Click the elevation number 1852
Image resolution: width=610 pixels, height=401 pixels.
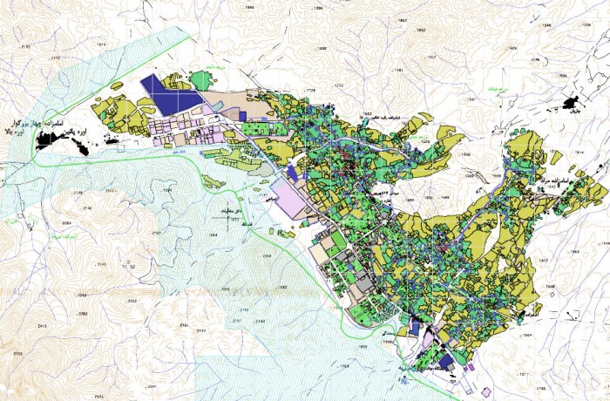click(x=422, y=31)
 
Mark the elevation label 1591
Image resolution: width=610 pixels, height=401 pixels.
click(x=471, y=99)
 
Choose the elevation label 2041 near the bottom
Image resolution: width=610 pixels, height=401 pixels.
click(x=152, y=384)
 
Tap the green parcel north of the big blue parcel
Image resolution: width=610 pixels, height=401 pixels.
click(x=202, y=81)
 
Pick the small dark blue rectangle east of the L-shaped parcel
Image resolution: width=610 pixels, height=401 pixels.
click(x=242, y=114)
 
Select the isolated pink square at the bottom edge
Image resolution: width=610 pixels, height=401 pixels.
click(x=470, y=367)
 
